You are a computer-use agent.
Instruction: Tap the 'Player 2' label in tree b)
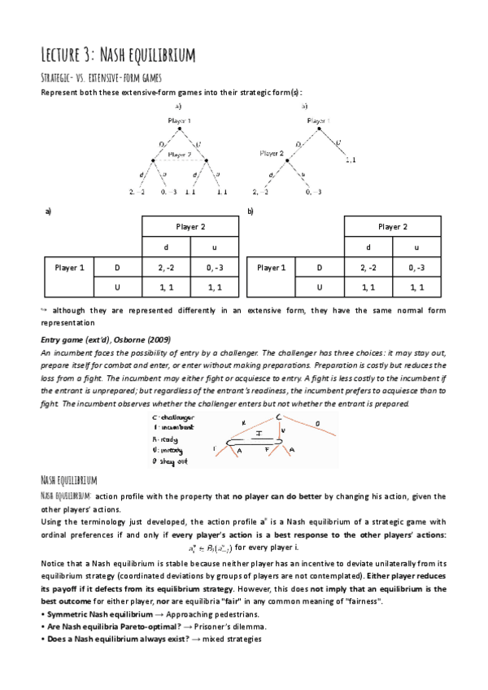click(x=272, y=152)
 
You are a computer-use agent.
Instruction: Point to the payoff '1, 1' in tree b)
click(x=351, y=160)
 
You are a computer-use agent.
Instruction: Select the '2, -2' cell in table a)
click(x=166, y=267)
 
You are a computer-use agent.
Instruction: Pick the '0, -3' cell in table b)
click(x=416, y=267)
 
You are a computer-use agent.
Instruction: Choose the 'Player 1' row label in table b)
click(x=270, y=267)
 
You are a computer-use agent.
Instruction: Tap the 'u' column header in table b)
click(x=416, y=247)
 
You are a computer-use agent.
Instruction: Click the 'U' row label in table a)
click(x=119, y=287)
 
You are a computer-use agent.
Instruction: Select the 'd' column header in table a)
click(x=166, y=247)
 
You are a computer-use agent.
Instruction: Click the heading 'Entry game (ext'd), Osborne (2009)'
click(x=101, y=339)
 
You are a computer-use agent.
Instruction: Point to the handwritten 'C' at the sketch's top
click(x=279, y=417)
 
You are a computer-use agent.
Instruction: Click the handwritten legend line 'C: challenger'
click(x=173, y=417)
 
